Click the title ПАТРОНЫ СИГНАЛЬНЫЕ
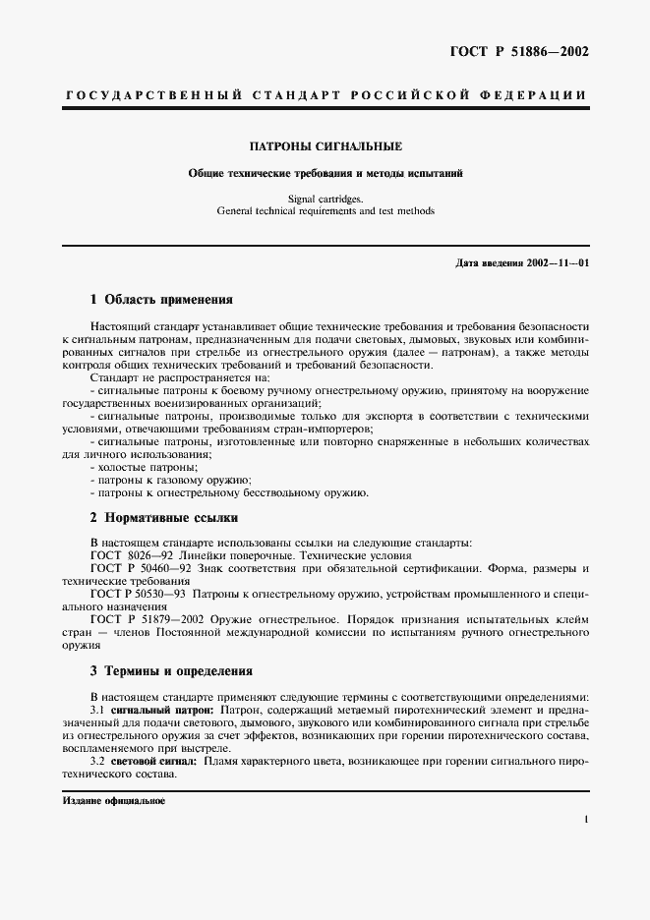[325, 146]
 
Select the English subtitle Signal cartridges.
[325, 198]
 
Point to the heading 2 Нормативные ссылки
[163, 517]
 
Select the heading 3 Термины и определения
[171, 672]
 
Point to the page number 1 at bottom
[585, 819]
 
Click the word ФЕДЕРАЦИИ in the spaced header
[536, 95]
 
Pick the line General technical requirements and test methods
[325, 210]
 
